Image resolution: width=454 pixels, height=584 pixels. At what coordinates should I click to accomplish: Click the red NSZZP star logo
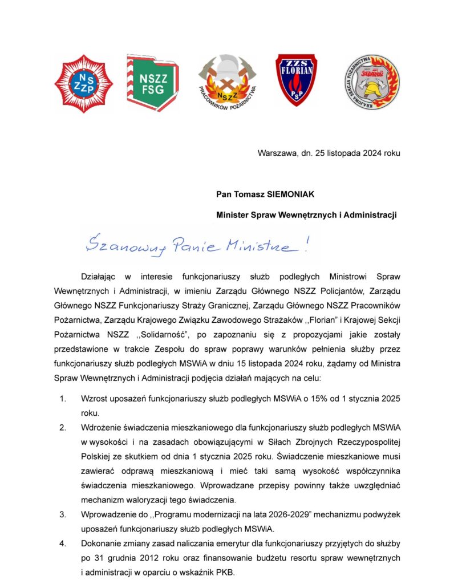tap(84, 84)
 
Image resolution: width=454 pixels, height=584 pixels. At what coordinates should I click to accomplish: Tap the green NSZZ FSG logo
tap(152, 83)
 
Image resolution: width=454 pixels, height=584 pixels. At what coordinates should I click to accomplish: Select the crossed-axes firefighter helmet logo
tap(228, 83)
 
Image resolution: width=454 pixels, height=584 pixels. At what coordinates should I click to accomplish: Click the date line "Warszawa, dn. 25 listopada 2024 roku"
tap(329, 153)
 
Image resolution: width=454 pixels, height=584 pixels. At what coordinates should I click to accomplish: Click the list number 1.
tap(62, 399)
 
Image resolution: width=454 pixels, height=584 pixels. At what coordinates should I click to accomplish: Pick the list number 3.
tap(62, 515)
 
